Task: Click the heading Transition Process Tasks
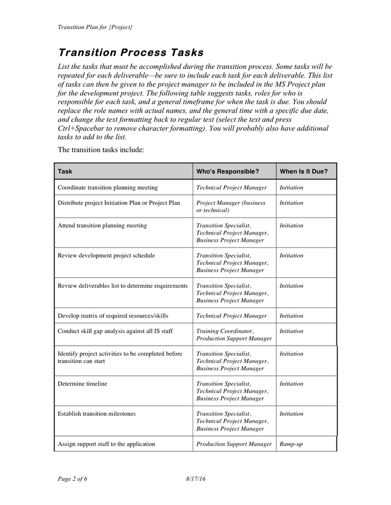tap(130, 53)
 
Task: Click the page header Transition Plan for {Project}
tap(95, 27)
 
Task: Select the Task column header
tap(65, 172)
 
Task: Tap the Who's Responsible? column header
tap(228, 172)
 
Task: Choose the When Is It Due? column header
tap(303, 172)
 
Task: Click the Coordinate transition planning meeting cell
tap(108, 187)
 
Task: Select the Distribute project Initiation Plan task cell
tap(119, 203)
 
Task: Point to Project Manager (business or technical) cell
tap(230, 206)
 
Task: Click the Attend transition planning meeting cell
tap(102, 226)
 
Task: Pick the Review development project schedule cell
tap(106, 255)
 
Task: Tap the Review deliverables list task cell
tap(122, 286)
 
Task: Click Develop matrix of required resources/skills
tap(113, 316)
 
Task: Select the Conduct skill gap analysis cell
tap(115, 331)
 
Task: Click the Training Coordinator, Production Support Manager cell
tap(234, 335)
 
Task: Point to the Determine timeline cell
tap(83, 384)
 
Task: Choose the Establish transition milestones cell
tap(97, 414)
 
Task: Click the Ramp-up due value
tap(291, 444)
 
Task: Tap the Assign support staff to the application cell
tap(106, 444)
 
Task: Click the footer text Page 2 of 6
tap(72, 479)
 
